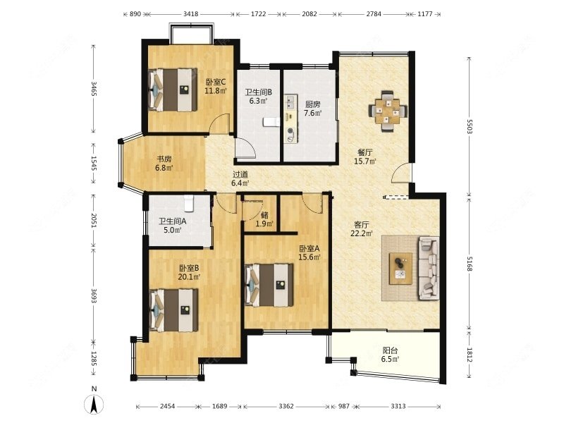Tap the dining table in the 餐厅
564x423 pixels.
[x=388, y=111]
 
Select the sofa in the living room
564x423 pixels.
[x=428, y=268]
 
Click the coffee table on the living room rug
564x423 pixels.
[x=400, y=269]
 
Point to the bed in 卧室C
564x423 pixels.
[x=173, y=90]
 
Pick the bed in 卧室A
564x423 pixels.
[x=269, y=286]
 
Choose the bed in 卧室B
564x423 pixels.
[x=173, y=310]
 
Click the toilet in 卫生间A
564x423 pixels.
[x=189, y=204]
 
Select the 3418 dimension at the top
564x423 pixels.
[x=190, y=14]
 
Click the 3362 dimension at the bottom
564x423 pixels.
[x=286, y=406]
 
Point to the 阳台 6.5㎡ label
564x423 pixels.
[x=391, y=355]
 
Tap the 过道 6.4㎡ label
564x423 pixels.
[x=240, y=179]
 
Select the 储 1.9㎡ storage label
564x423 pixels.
[x=264, y=220]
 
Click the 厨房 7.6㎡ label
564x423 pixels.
[x=312, y=109]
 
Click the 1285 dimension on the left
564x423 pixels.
[x=94, y=359]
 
